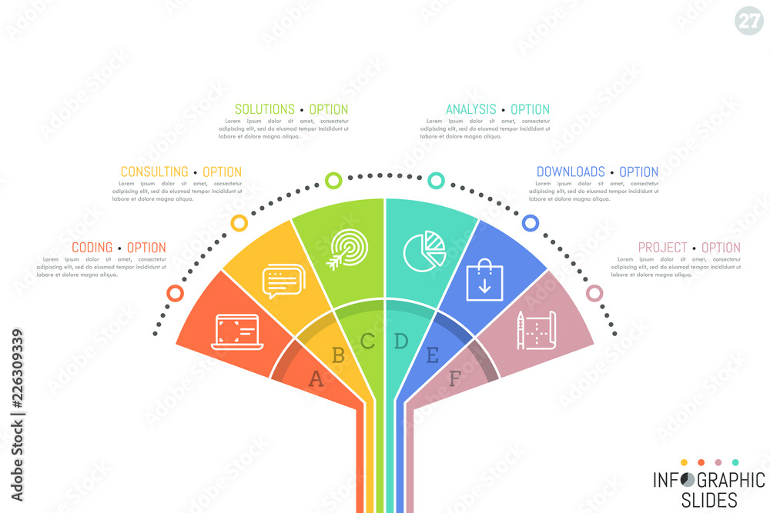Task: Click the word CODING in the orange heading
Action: (x=92, y=248)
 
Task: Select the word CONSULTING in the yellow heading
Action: (x=154, y=172)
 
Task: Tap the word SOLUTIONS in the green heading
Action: (x=264, y=109)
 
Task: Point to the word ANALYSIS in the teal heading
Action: (x=471, y=109)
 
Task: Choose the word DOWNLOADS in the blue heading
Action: (x=570, y=172)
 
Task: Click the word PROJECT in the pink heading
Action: (x=662, y=248)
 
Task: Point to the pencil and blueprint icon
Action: (x=537, y=330)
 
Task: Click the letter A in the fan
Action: (x=316, y=378)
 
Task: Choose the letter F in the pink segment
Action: (x=455, y=378)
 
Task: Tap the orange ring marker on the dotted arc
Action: (x=176, y=294)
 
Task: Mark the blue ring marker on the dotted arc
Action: (x=531, y=223)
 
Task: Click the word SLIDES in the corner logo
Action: (x=706, y=500)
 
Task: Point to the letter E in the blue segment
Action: (x=432, y=355)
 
